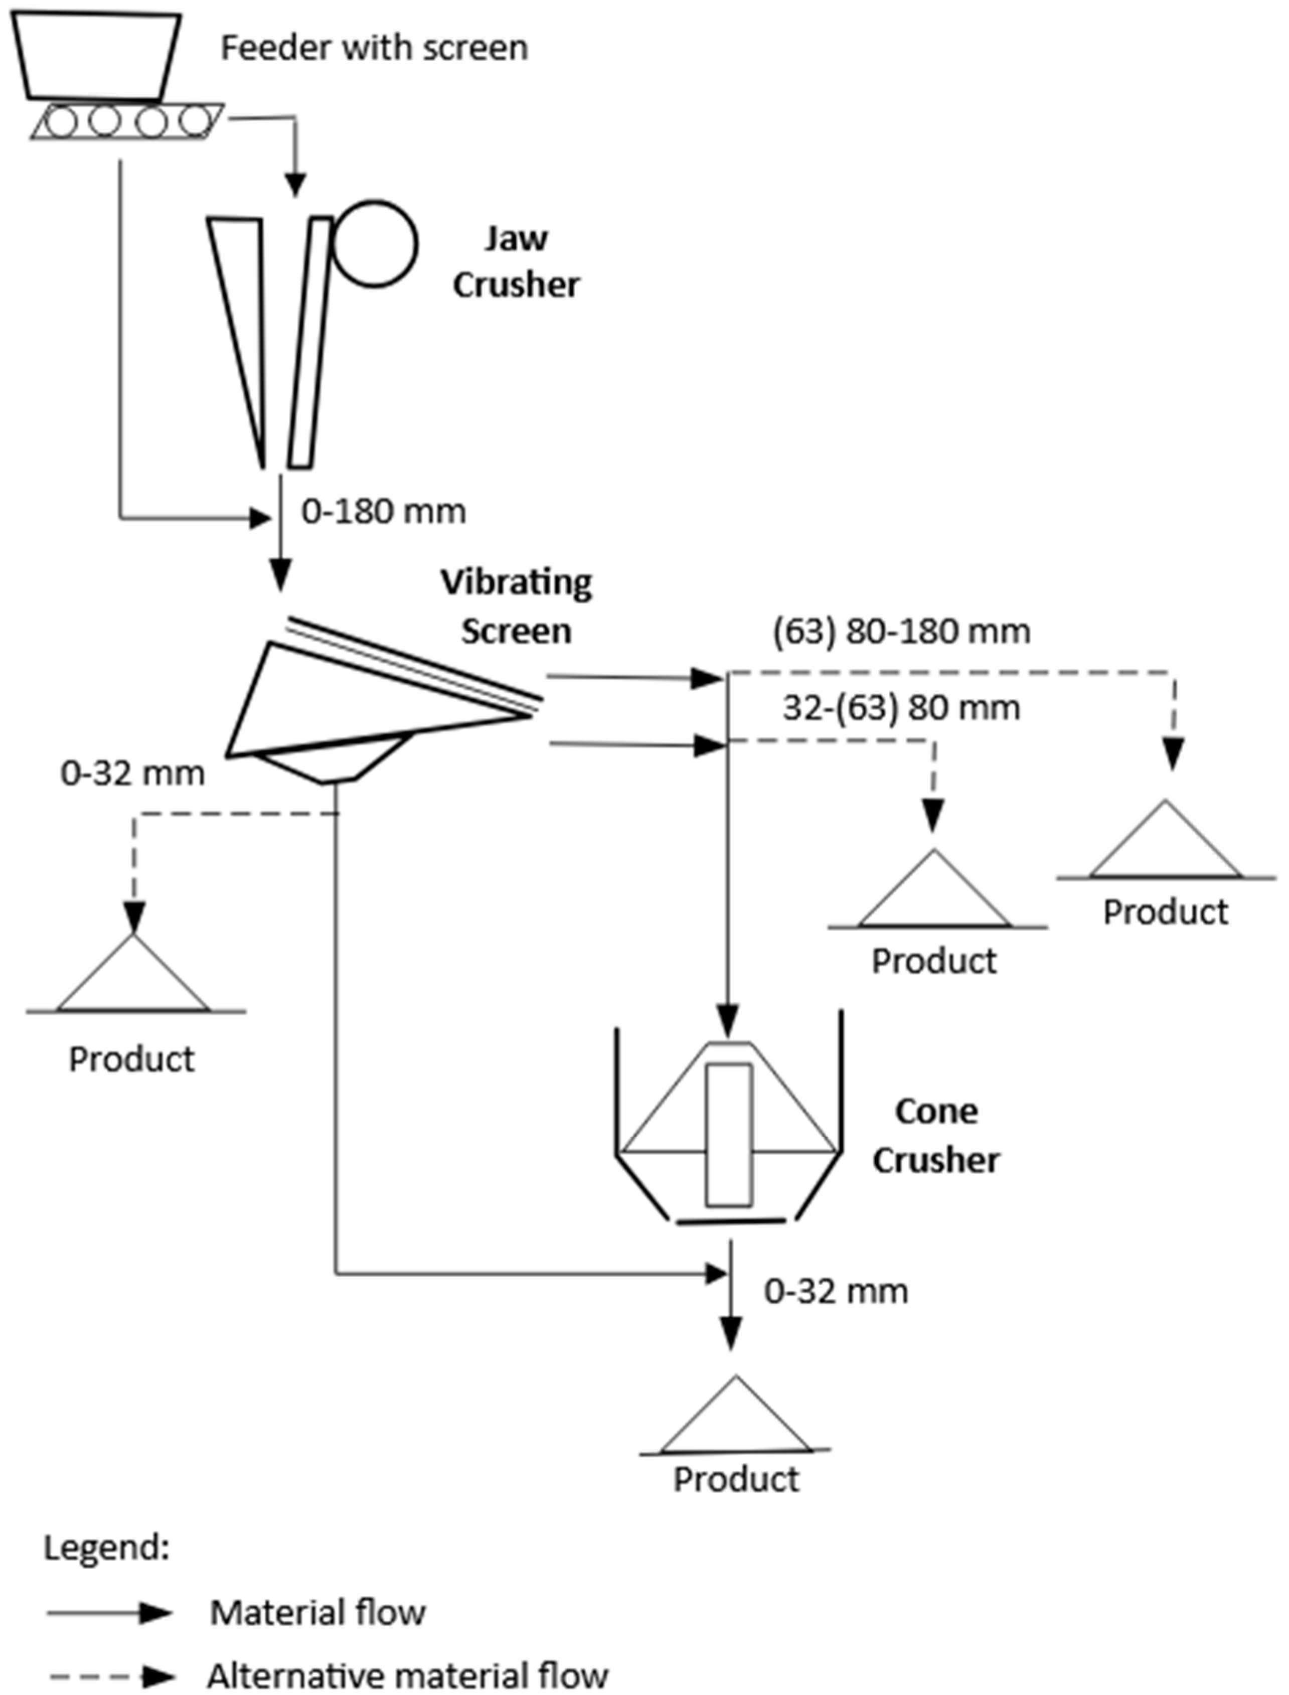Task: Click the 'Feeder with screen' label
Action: tap(375, 48)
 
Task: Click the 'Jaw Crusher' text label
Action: tap(516, 262)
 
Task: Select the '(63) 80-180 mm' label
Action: tap(901, 632)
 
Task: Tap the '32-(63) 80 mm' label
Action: tap(901, 707)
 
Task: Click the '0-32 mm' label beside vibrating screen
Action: tap(133, 774)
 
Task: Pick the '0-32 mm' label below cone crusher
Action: tap(836, 1291)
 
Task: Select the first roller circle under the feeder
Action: tap(61, 122)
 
